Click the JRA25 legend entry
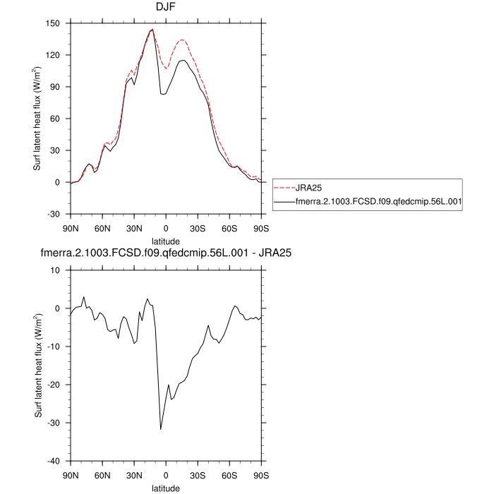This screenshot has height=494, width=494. pyautogui.click(x=309, y=188)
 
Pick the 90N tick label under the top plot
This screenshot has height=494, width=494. pyautogui.click(x=71, y=228)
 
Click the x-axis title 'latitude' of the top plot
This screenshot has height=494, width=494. pyautogui.click(x=166, y=241)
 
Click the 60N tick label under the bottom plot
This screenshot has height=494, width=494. pyautogui.click(x=102, y=475)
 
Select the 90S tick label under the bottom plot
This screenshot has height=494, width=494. pyautogui.click(x=261, y=475)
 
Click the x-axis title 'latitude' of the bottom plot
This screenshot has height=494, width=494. pyautogui.click(x=166, y=488)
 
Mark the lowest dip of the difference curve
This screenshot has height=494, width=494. pyautogui.click(x=161, y=429)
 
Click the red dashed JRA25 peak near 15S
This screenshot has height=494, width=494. pyautogui.click(x=182, y=40)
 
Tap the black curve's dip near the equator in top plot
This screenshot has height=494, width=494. pyautogui.click(x=164, y=94)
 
